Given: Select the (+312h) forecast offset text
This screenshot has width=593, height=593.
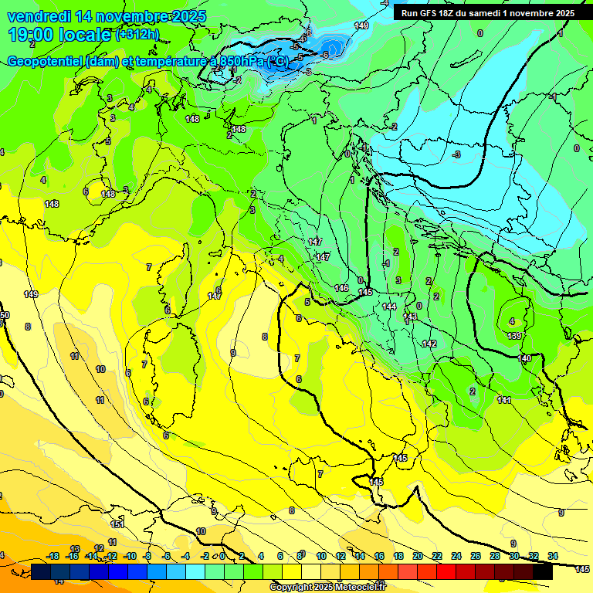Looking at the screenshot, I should tap(137, 35).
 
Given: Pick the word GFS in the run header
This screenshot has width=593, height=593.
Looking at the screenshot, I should tap(434, 13).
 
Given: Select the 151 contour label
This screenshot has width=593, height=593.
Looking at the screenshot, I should tap(117, 524).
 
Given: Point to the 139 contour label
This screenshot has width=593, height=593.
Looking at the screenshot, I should tap(514, 336).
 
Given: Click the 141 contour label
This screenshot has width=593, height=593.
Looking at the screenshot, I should tap(504, 400).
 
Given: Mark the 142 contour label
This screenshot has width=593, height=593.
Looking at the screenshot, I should tap(429, 344).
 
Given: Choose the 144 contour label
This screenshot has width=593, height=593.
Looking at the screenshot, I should tap(389, 307).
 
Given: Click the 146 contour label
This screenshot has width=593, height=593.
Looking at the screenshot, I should tap(341, 288).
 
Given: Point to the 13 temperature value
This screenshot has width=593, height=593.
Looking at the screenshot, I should tap(76, 549).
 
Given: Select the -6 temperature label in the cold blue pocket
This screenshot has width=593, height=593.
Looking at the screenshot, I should tap(326, 55).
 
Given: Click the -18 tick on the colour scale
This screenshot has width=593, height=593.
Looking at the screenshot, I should tap(53, 556).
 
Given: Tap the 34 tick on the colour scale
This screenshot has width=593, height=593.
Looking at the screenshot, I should tap(553, 556).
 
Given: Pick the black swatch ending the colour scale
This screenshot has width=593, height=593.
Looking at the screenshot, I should tap(542, 571).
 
